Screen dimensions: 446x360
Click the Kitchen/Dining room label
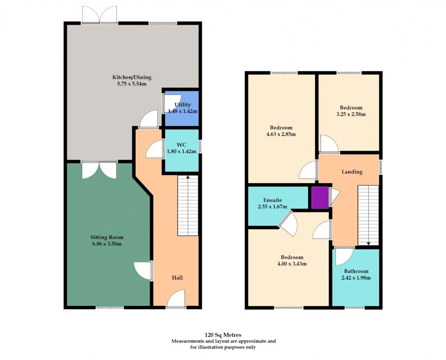click(132, 77)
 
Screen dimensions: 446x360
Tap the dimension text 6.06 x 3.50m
click(107, 244)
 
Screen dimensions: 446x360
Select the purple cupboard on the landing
click(320, 198)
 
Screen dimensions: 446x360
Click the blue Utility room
click(182, 108)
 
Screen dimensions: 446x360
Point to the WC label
click(181, 145)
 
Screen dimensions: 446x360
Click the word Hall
click(177, 278)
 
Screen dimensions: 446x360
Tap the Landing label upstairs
click(352, 172)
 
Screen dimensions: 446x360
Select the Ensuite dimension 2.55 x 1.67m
click(272, 207)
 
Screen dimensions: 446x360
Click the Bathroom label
click(356, 271)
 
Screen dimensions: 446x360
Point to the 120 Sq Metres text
click(223, 335)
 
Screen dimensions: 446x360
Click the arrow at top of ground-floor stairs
click(188, 177)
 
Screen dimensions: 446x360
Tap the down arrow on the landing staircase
click(369, 244)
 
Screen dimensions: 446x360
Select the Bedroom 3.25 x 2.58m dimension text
click(351, 114)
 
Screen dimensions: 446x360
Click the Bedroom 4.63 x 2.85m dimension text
click(281, 134)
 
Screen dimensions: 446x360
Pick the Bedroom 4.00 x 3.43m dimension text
click(292, 264)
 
